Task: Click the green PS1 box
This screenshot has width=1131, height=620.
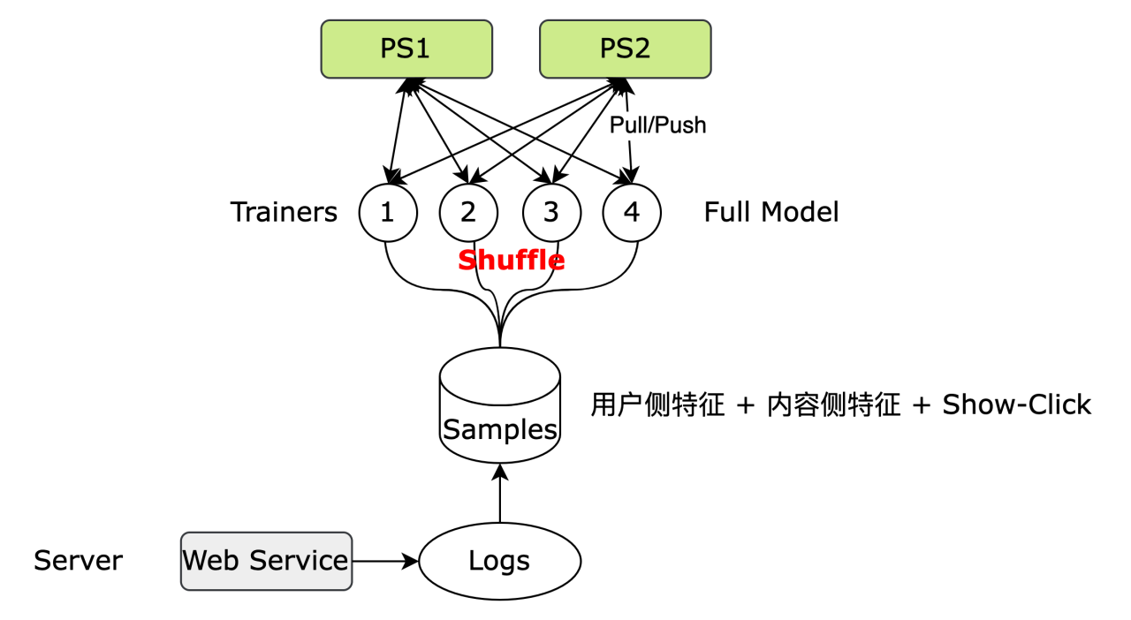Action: coord(406,49)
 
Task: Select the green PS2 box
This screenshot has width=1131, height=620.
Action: coord(626,49)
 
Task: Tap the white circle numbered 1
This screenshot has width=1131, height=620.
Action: coord(388,213)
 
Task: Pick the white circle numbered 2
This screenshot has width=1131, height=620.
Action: coord(468,213)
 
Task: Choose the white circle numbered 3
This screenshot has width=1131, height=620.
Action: coord(551,213)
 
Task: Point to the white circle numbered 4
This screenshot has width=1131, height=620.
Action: coord(632,213)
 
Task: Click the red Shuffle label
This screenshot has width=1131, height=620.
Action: coord(512,261)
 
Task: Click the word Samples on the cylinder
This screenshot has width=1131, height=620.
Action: coord(500,429)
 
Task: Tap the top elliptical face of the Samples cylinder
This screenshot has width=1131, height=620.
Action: coord(500,376)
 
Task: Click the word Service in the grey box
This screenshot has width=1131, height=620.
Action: coord(299,560)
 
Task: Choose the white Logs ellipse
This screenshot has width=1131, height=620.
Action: coord(500,561)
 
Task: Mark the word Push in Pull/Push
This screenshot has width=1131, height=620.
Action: coord(683,125)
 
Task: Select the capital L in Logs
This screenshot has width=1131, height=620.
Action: coord(474,561)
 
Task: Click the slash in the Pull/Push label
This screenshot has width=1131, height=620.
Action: coord(654,125)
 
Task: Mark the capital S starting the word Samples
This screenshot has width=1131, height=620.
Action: coord(451,429)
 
